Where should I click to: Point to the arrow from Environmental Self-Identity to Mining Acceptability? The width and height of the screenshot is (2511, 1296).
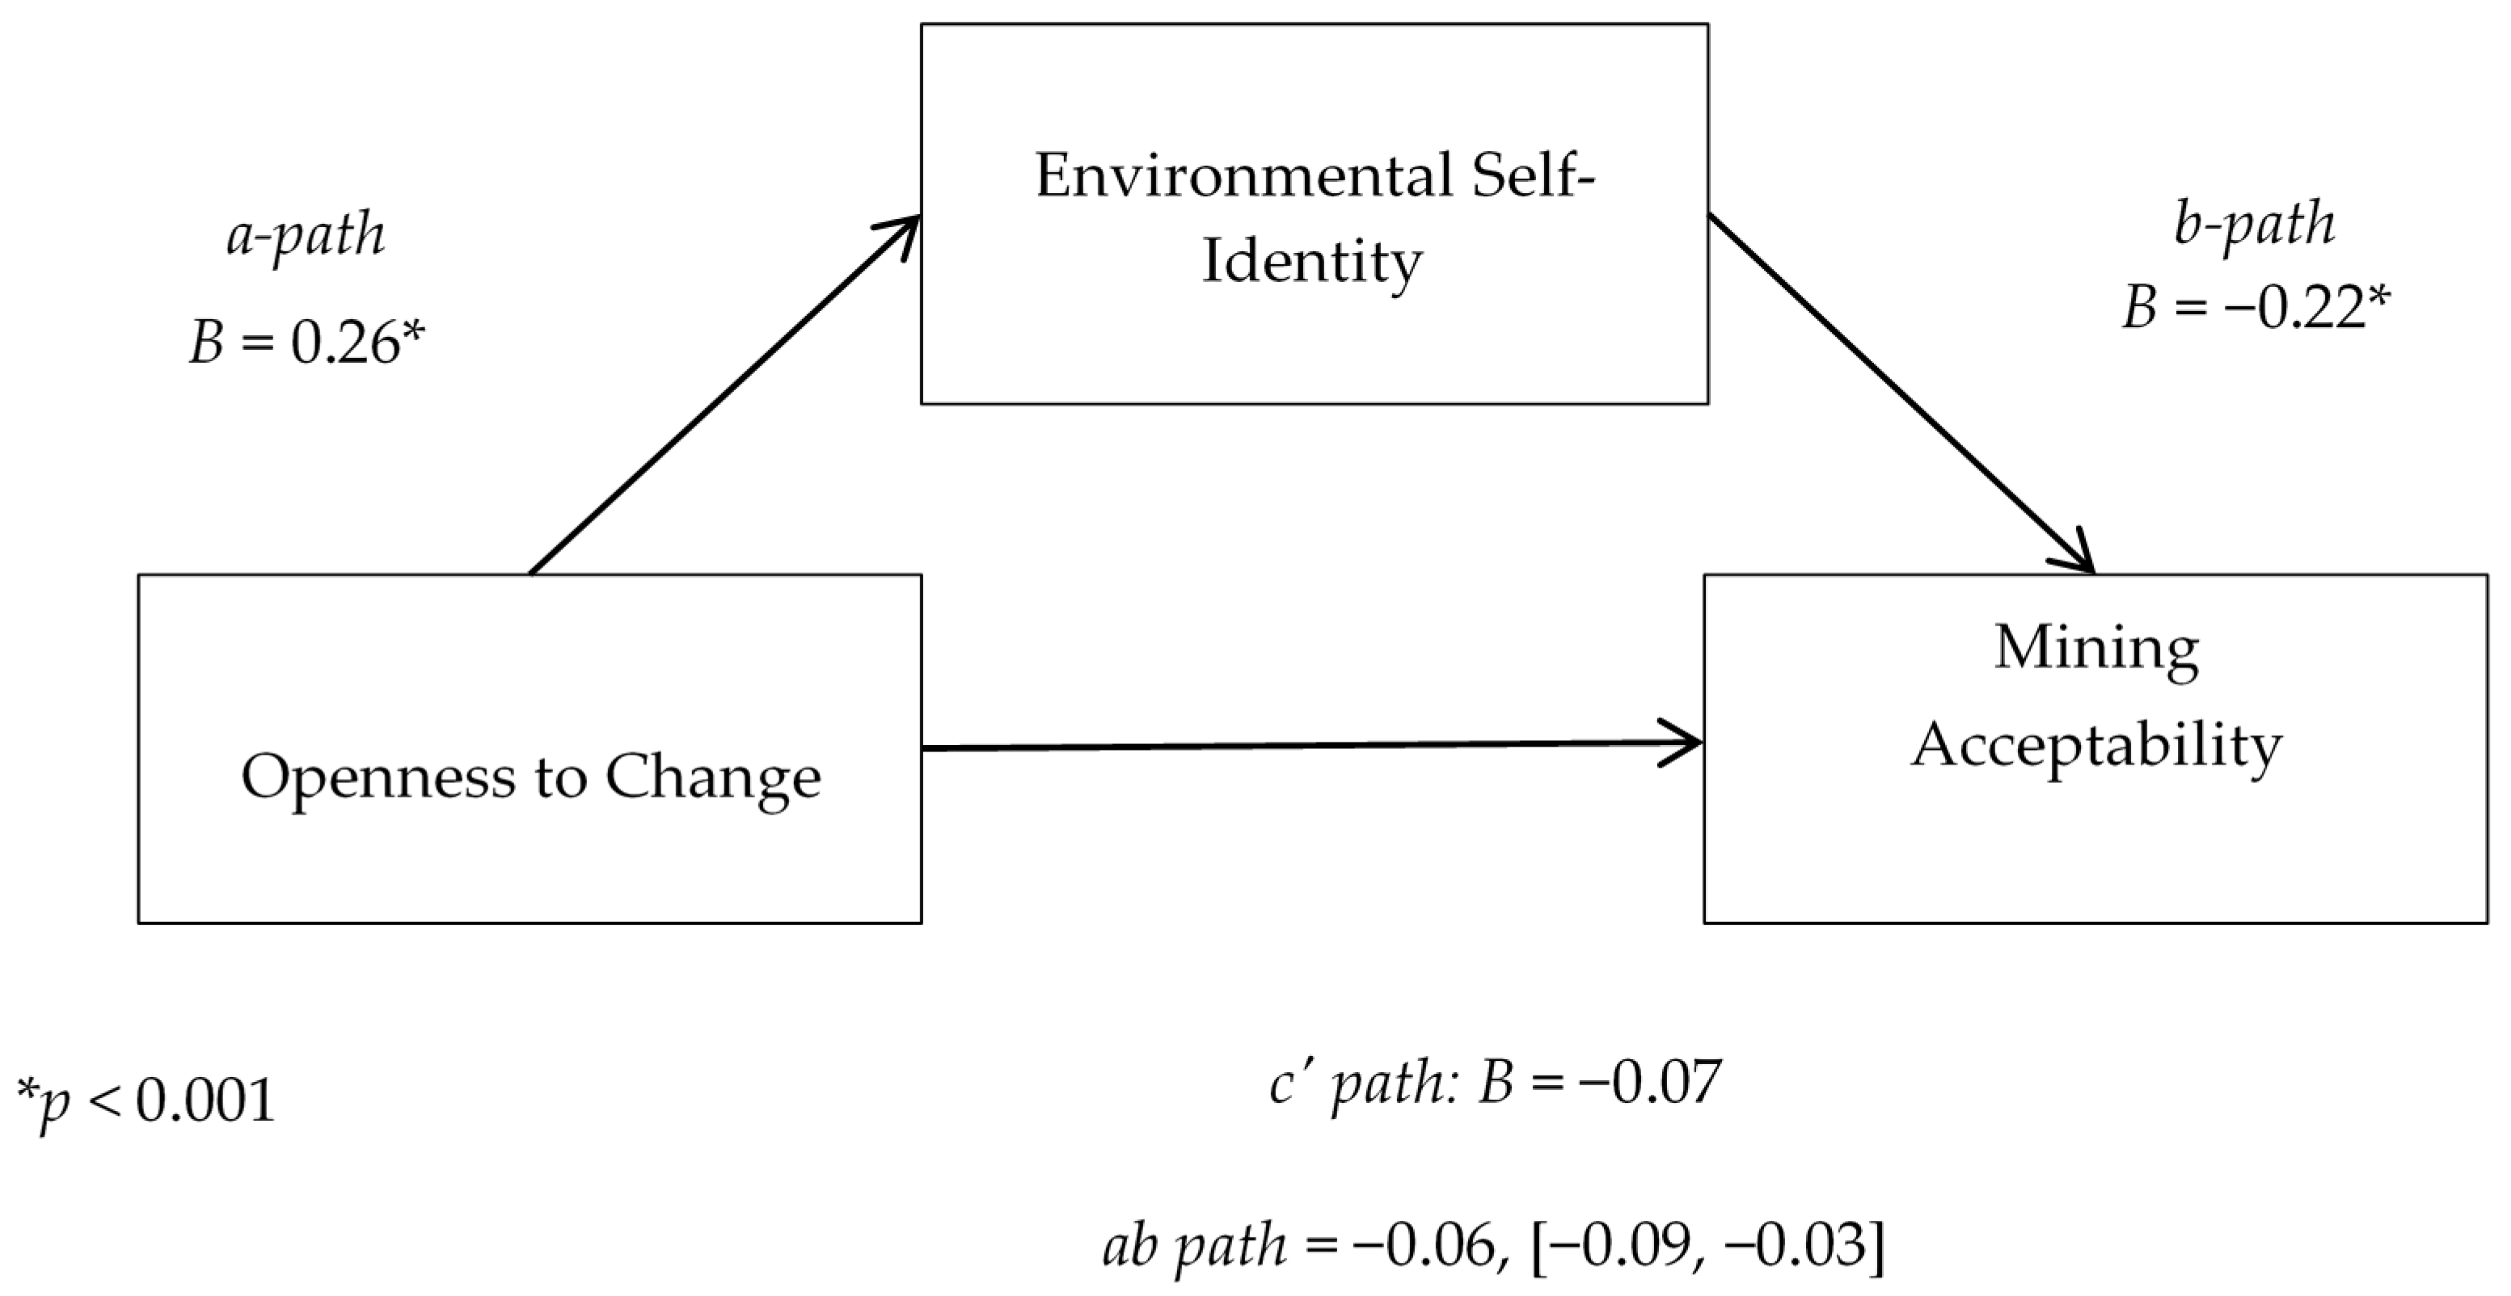click(1901, 394)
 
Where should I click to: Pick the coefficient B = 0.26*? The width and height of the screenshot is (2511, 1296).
click(307, 344)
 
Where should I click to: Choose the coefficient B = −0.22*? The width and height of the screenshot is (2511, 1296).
click(2256, 308)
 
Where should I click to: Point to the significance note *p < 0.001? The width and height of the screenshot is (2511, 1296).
click(146, 1102)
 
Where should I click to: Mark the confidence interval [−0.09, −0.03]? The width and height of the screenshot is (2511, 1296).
click(1707, 1246)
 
